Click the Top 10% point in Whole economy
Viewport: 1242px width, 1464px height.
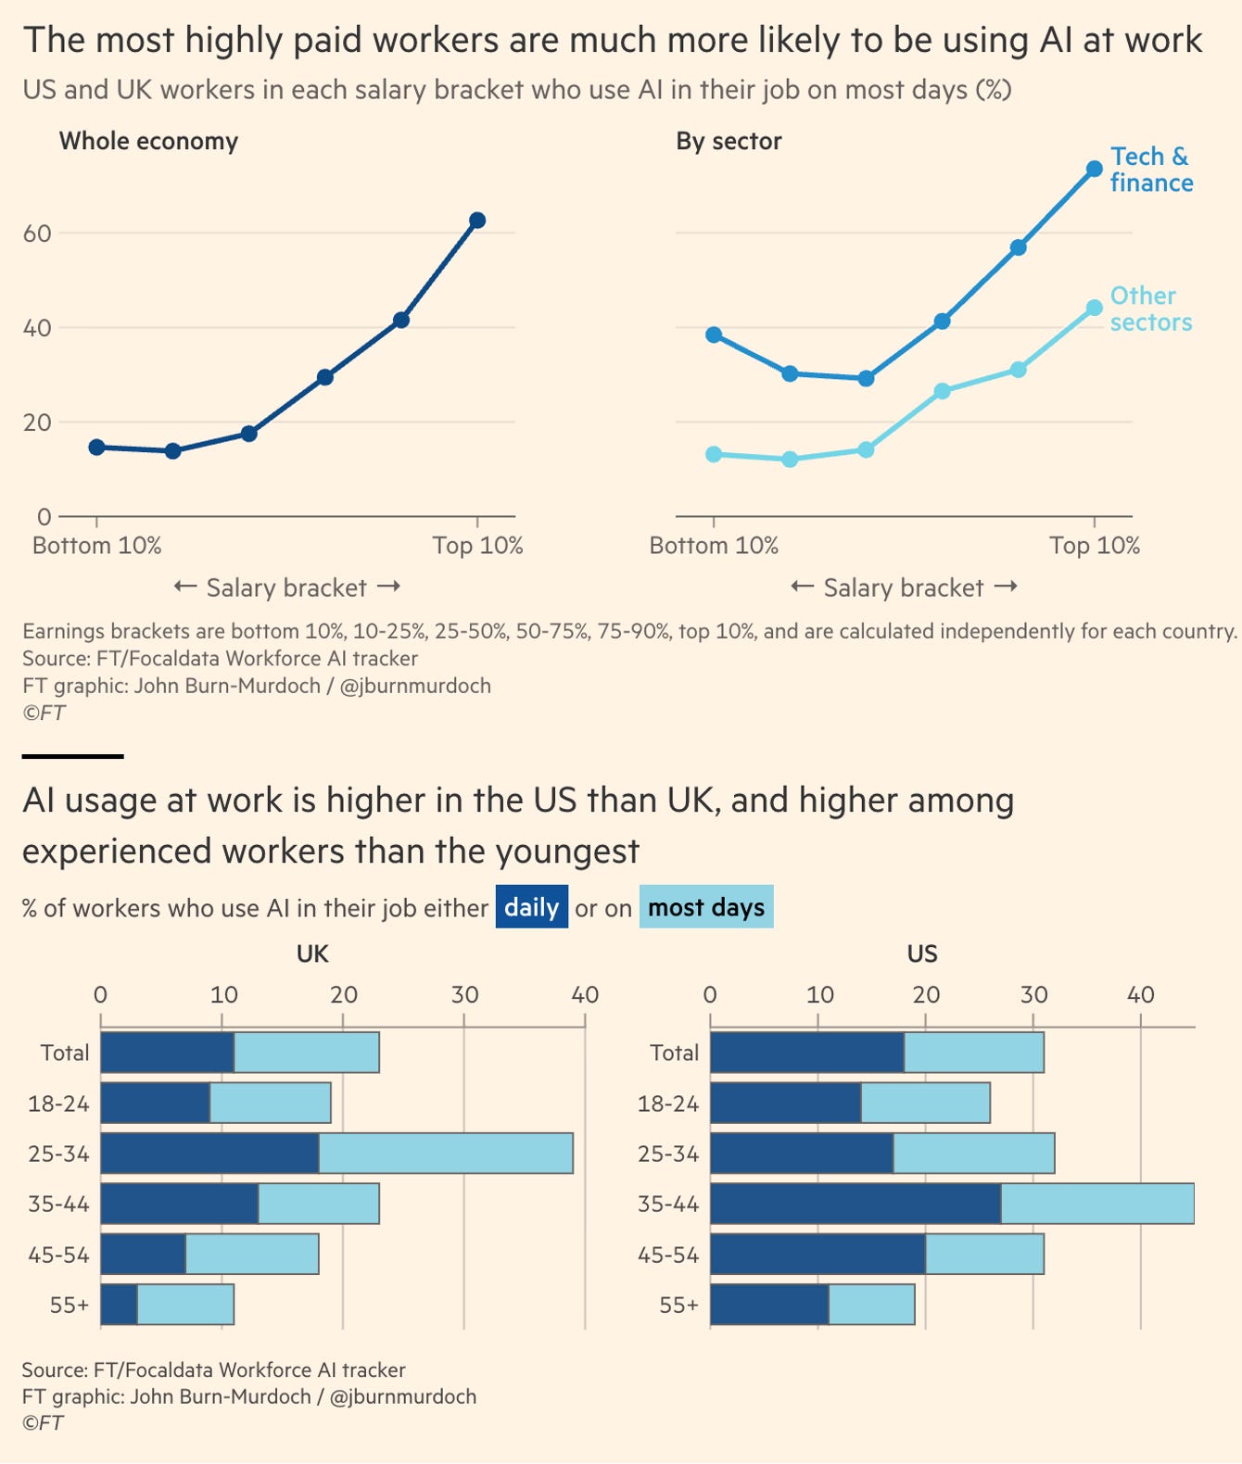click(477, 221)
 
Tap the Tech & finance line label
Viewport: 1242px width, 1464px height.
click(1151, 170)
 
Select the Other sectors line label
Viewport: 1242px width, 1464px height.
click(1150, 309)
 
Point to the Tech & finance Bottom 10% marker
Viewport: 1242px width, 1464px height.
click(715, 335)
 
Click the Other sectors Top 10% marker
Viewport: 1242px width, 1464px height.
click(1094, 308)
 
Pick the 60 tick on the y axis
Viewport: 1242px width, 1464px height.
click(37, 233)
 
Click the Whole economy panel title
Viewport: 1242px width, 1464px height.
click(149, 141)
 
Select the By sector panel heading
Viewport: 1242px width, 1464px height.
click(729, 141)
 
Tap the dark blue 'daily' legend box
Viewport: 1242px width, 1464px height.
click(531, 906)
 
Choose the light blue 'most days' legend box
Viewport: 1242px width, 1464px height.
click(706, 906)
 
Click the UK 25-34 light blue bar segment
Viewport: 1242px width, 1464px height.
click(446, 1153)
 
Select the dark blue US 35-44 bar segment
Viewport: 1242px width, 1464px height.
click(855, 1204)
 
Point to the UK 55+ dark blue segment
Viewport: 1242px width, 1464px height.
click(119, 1304)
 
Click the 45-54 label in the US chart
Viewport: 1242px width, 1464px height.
click(667, 1255)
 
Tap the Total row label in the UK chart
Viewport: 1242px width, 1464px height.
click(65, 1053)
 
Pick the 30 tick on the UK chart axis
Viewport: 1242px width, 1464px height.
click(464, 994)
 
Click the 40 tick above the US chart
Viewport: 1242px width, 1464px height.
click(1141, 994)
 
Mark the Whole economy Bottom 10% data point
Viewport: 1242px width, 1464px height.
click(97, 447)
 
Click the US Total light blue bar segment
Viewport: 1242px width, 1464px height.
click(974, 1052)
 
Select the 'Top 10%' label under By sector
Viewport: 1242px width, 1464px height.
click(1095, 546)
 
